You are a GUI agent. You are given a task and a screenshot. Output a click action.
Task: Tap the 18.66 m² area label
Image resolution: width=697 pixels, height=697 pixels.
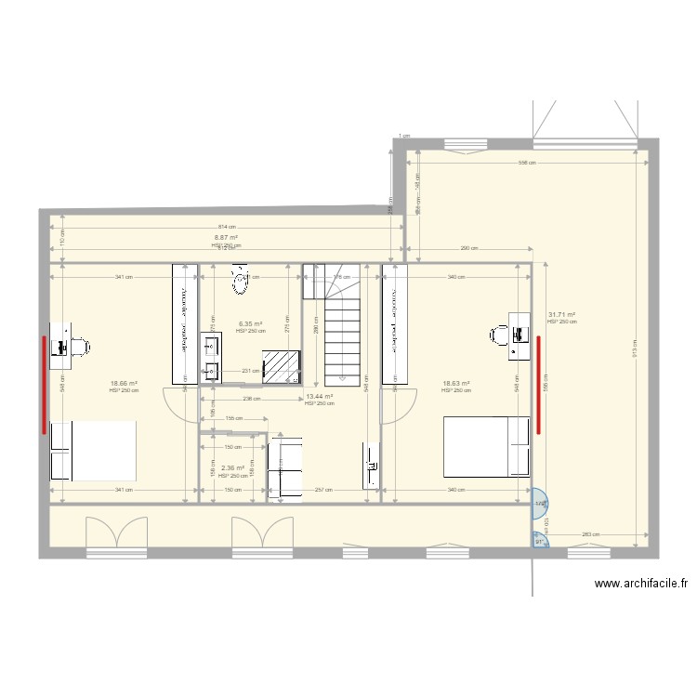(x=124, y=384)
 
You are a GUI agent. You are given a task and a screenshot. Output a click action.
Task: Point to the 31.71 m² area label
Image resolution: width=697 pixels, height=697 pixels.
(x=561, y=315)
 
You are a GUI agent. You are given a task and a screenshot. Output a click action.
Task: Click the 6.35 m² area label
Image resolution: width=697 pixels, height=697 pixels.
(x=250, y=324)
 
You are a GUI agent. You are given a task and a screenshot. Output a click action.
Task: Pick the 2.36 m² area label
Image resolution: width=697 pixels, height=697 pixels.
(x=232, y=468)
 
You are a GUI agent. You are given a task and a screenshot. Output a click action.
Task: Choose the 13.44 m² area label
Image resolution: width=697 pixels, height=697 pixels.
(x=319, y=397)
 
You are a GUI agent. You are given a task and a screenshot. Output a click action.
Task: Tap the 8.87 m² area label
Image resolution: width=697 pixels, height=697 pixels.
(x=226, y=238)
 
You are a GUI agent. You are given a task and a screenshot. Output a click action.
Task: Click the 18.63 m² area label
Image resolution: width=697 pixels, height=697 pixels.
(x=455, y=384)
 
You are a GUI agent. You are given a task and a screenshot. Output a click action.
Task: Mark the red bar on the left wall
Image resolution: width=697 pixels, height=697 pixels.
(x=43, y=385)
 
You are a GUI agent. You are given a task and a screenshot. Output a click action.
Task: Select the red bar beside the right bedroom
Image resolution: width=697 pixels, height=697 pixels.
(x=538, y=385)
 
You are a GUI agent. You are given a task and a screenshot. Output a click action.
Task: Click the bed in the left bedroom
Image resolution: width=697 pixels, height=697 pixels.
(x=94, y=451)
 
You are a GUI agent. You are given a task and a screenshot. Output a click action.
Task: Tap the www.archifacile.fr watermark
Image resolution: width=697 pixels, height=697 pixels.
(x=641, y=585)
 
